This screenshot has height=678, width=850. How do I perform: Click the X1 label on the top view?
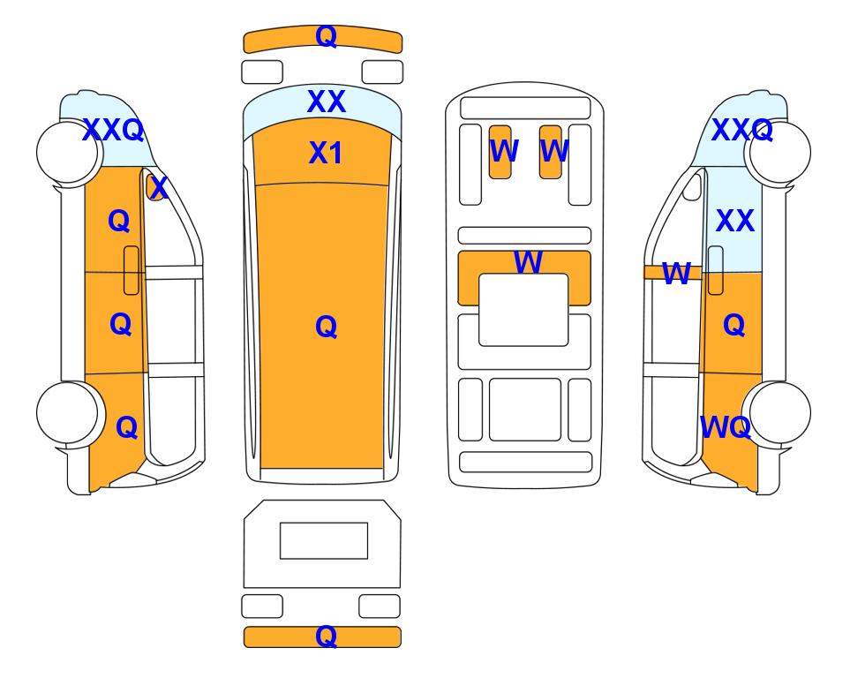click(x=325, y=153)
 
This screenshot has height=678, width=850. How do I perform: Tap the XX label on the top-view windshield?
click(x=326, y=102)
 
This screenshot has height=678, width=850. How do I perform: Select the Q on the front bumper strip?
click(x=326, y=36)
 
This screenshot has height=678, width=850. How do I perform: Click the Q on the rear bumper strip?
click(x=326, y=636)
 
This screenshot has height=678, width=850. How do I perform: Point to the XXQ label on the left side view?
click(x=113, y=130)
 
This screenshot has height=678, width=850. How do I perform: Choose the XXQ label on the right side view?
click(x=741, y=130)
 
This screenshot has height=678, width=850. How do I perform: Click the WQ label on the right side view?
click(x=726, y=427)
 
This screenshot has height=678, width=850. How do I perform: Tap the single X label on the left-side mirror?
click(x=158, y=188)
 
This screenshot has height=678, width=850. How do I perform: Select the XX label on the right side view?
click(x=735, y=221)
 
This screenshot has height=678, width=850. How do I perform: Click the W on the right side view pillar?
click(x=676, y=274)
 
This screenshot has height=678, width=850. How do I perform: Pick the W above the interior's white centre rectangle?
click(x=528, y=262)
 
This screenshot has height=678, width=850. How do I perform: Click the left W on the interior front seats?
click(x=504, y=151)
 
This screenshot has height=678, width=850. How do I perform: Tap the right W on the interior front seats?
click(x=554, y=151)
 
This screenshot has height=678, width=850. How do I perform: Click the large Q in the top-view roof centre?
click(x=326, y=327)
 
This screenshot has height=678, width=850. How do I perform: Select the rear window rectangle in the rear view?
click(x=324, y=540)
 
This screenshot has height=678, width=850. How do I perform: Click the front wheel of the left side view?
click(x=68, y=153)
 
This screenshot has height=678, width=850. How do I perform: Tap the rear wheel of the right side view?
click(x=779, y=412)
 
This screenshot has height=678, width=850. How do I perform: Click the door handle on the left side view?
click(x=132, y=270)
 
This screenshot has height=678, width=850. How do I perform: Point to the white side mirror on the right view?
click(x=692, y=186)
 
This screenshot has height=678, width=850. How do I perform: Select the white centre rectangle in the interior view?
click(x=523, y=310)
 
